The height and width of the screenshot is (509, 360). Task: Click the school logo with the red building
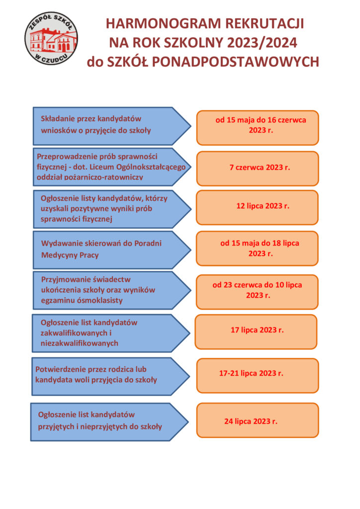(51, 38)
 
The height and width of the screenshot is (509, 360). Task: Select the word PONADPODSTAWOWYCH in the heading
(235, 62)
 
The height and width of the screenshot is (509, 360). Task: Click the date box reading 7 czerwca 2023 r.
(258, 168)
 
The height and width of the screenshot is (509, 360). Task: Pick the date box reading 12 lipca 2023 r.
(257, 207)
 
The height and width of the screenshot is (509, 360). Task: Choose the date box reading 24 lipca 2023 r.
(258, 421)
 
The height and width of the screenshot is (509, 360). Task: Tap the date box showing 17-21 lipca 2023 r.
(258, 376)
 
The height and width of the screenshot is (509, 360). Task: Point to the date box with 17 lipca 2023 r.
(256, 332)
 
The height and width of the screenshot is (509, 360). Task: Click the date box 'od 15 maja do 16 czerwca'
(258, 128)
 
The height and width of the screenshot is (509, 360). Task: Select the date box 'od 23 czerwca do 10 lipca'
(257, 292)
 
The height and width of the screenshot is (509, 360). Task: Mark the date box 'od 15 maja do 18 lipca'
(257, 249)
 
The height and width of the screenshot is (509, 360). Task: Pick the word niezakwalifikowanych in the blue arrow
(80, 343)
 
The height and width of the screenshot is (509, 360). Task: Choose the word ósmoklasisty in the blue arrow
(102, 301)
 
